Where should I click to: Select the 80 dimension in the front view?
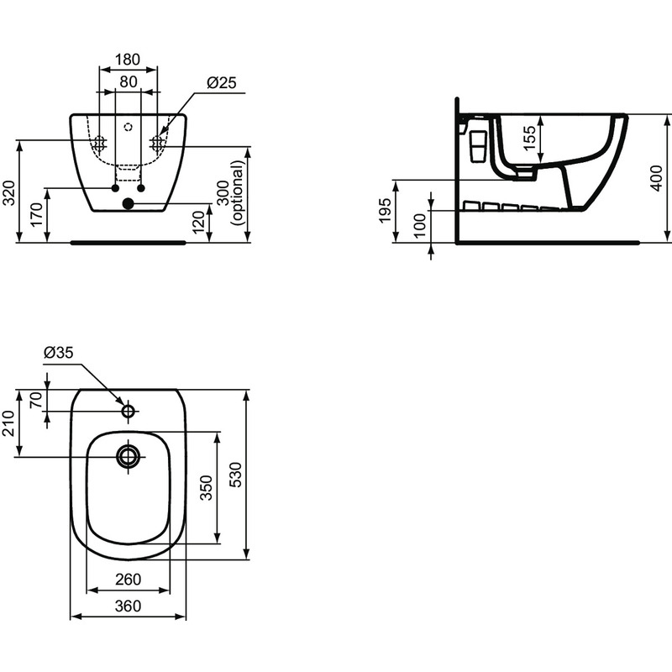click(x=128, y=81)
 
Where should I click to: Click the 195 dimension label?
click(x=386, y=211)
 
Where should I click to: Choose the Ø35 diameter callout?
click(x=58, y=353)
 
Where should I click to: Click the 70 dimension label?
click(x=35, y=401)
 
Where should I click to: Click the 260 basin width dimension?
click(x=128, y=580)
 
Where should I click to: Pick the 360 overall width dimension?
click(x=128, y=606)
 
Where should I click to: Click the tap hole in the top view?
click(x=129, y=412)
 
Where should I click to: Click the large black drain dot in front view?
click(x=128, y=203)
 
